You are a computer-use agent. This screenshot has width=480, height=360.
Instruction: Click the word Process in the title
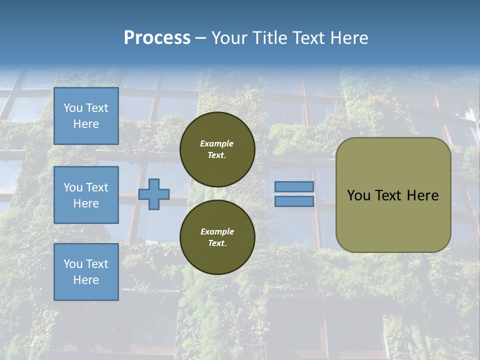click(x=157, y=38)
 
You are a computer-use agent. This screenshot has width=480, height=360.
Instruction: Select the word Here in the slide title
click(x=347, y=38)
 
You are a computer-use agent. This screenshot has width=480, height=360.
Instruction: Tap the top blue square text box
click(x=86, y=116)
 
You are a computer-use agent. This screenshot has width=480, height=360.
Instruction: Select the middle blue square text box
click(x=86, y=195)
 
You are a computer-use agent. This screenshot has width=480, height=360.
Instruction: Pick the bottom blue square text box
click(x=86, y=271)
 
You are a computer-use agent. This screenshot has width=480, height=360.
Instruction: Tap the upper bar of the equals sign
click(x=294, y=186)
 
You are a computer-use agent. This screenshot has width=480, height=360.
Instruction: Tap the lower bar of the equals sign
click(x=294, y=201)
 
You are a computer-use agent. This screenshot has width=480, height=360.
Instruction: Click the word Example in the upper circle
click(x=217, y=143)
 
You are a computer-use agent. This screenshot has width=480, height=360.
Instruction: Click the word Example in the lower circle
click(x=217, y=231)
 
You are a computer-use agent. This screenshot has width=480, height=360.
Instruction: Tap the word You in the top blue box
click(x=72, y=108)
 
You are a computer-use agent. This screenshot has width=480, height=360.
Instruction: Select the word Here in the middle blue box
click(x=86, y=203)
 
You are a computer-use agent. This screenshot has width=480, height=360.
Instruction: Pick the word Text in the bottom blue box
click(x=97, y=263)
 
